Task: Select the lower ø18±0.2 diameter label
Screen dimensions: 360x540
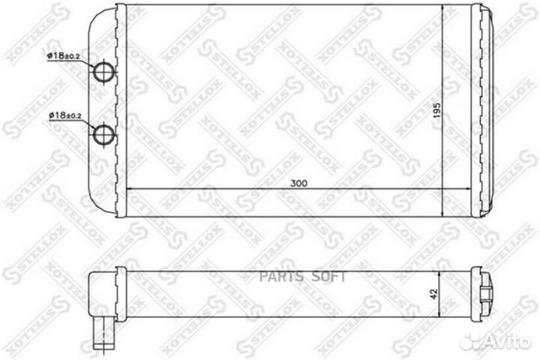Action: pyautogui.click(x=64, y=115)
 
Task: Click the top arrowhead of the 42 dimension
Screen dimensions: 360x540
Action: pyautogui.click(x=445, y=271)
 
